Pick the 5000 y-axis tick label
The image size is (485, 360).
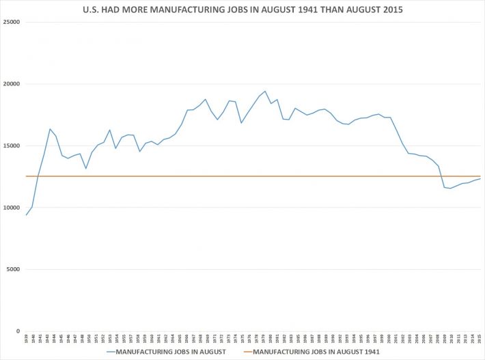pyautogui.click(x=12, y=269)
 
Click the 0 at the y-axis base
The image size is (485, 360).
pyautogui.click(x=18, y=331)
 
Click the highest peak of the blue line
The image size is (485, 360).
pyautogui.click(x=265, y=91)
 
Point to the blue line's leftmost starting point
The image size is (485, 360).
pyautogui.click(x=27, y=215)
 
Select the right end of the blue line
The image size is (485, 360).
pyautogui.click(x=481, y=178)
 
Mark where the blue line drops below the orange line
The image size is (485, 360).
pyautogui.click(x=441, y=176)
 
